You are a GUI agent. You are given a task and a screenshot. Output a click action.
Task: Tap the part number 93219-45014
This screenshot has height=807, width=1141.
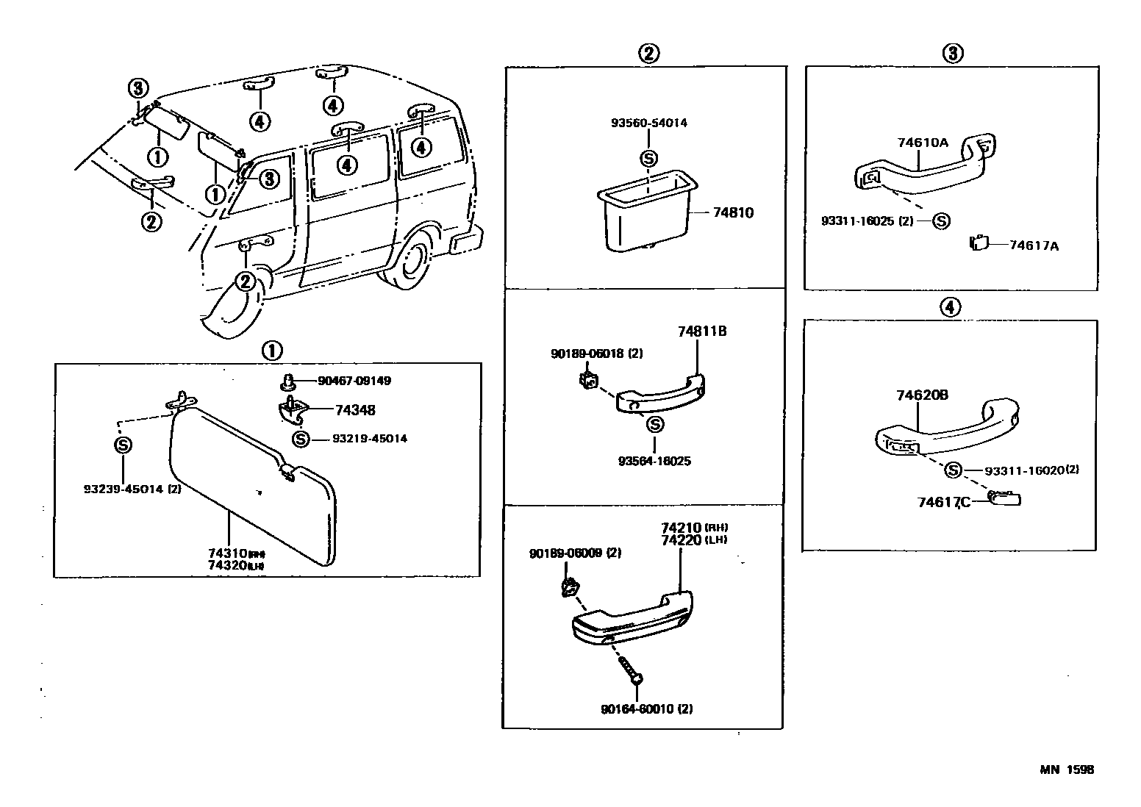click(369, 439)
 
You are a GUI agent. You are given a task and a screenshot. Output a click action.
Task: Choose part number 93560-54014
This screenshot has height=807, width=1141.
click(648, 123)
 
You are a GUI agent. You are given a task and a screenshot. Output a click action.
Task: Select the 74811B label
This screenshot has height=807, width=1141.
click(701, 331)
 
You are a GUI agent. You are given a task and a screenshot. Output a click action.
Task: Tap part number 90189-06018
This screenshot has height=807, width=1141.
click(596, 354)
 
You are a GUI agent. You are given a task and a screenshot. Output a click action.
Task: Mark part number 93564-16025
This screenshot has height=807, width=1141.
click(654, 461)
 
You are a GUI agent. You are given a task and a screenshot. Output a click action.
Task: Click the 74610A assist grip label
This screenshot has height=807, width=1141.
click(922, 143)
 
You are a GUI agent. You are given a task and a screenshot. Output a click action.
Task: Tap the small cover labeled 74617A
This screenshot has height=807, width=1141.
click(978, 243)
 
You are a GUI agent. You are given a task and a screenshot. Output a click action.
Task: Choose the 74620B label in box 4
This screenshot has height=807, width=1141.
click(921, 395)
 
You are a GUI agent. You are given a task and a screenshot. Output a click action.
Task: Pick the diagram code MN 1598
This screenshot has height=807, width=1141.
click(1066, 770)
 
